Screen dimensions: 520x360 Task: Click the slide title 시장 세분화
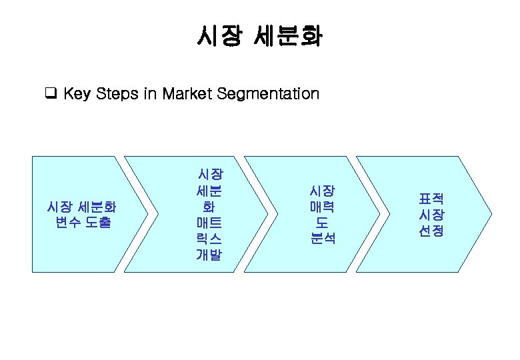pyautogui.click(x=259, y=35)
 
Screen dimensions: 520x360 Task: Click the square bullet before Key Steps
pyautogui.click(x=49, y=93)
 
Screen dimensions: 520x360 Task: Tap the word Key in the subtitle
pyautogui.click(x=77, y=94)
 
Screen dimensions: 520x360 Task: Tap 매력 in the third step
pyautogui.click(x=323, y=207)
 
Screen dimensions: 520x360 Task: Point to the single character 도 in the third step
pyautogui.click(x=323, y=222)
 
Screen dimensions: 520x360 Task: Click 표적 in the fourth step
pyautogui.click(x=431, y=199)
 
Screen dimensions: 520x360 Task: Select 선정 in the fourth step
pyautogui.click(x=431, y=231)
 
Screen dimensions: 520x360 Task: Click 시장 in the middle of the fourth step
pyautogui.click(x=431, y=215)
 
